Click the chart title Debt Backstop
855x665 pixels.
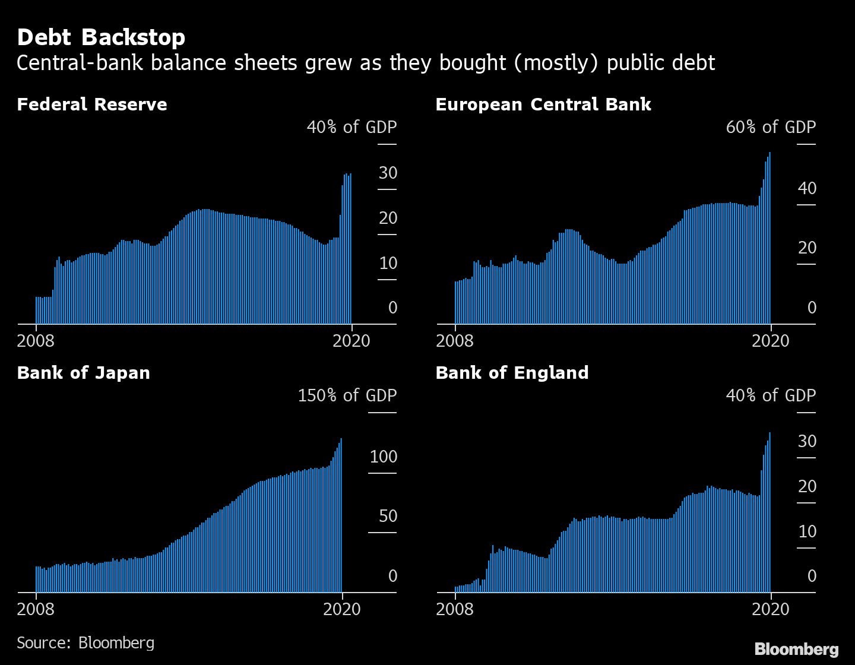click(101, 37)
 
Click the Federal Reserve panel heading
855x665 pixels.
click(92, 104)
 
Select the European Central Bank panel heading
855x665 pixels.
click(543, 104)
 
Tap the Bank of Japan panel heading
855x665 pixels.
click(84, 373)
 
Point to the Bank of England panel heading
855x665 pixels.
click(512, 373)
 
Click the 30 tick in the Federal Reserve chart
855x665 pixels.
click(388, 173)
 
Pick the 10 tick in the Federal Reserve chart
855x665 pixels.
click(388, 263)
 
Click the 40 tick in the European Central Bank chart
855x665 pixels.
click(807, 188)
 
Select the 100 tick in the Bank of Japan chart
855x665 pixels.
click(383, 457)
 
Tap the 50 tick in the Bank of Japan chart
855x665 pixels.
click(388, 516)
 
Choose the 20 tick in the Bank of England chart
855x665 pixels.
click(807, 486)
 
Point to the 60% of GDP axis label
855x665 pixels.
click(771, 127)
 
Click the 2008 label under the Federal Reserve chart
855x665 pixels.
click(36, 341)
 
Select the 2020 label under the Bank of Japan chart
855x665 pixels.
click(342, 609)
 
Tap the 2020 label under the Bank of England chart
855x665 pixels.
click(771, 609)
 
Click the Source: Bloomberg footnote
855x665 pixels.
click(85, 643)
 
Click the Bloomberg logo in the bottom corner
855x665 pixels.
click(796, 649)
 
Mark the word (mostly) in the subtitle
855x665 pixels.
click(556, 63)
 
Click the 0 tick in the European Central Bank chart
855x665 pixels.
click(812, 308)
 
